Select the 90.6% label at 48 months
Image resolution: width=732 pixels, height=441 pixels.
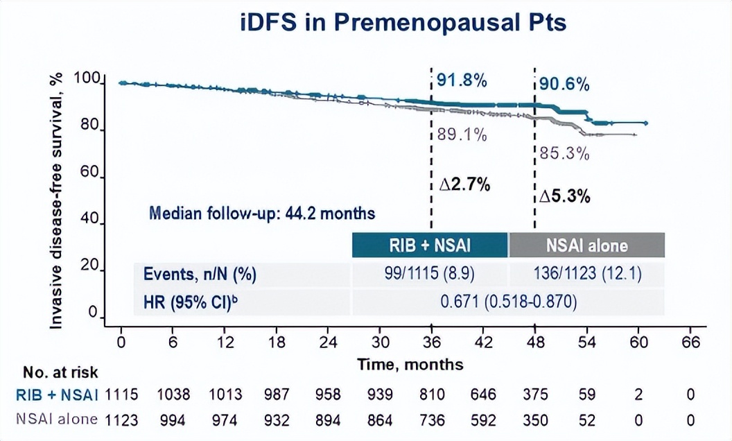click(565, 85)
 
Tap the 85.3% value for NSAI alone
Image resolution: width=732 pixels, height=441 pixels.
click(564, 153)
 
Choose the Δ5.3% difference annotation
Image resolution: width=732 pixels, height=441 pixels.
click(566, 197)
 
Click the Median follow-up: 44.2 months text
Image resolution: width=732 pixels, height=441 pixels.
click(262, 214)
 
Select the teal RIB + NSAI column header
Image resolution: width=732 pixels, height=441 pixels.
click(430, 245)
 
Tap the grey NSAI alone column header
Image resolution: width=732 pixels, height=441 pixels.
click(587, 245)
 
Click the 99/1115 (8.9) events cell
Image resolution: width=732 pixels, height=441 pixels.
click(430, 275)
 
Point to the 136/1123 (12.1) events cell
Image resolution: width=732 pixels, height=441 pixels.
click(587, 275)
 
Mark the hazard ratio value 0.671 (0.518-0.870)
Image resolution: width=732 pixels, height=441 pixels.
click(508, 302)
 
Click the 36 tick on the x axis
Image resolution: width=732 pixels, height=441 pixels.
click(431, 342)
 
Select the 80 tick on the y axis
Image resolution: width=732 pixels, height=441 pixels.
click(95, 131)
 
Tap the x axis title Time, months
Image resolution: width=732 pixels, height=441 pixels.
click(410, 363)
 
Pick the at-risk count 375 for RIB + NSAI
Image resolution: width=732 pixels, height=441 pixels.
click(534, 395)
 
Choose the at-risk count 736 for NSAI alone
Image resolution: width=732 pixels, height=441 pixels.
click(430, 420)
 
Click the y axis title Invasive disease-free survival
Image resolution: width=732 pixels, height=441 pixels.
click(60, 199)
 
